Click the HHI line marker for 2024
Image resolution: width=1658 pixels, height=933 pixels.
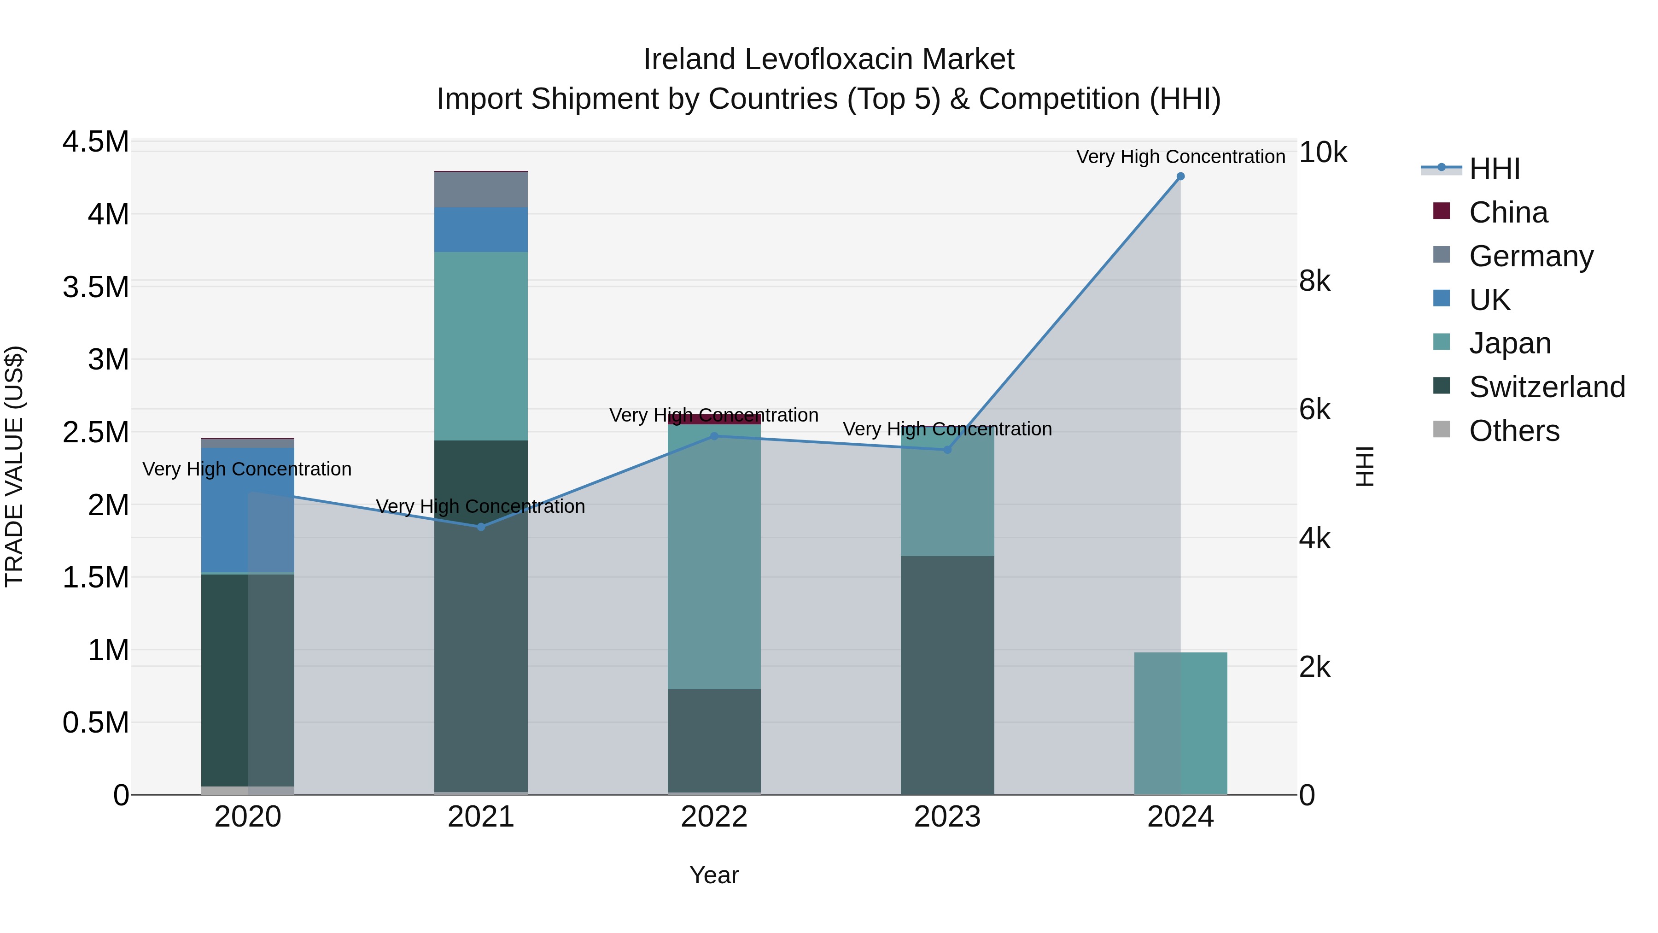[x=1180, y=176]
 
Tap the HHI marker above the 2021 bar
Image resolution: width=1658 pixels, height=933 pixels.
[x=481, y=527]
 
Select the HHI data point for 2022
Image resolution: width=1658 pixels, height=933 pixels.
[x=714, y=436]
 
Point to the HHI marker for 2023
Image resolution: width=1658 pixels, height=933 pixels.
[x=947, y=449]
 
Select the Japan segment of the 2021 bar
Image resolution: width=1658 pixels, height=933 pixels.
[x=481, y=346]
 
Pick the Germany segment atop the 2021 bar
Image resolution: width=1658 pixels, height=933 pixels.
[x=481, y=189]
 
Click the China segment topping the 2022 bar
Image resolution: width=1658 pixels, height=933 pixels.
[x=714, y=419]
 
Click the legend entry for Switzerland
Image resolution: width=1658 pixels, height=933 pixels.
[x=1546, y=387]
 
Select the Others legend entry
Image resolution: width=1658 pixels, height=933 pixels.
[x=1513, y=431]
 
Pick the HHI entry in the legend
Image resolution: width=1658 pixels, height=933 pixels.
[x=1494, y=169]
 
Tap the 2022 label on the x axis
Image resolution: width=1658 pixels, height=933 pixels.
[x=714, y=817]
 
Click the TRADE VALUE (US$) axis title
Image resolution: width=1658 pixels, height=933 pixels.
[x=14, y=466]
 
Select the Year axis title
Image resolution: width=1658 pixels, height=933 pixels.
[x=714, y=875]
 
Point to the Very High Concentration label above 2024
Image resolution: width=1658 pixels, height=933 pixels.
[x=1180, y=157]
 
